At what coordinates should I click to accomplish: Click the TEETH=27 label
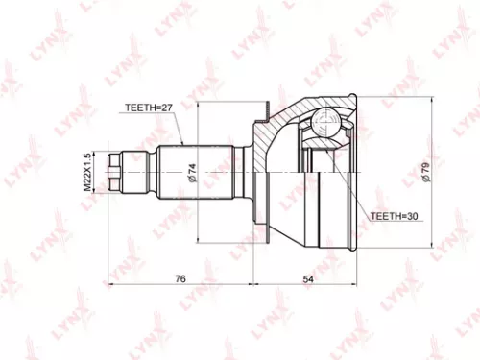147,108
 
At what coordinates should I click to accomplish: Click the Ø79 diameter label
424,173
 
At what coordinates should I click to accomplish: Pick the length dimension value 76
180,278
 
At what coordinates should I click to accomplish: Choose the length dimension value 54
309,278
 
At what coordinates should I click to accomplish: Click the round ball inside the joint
324,125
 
